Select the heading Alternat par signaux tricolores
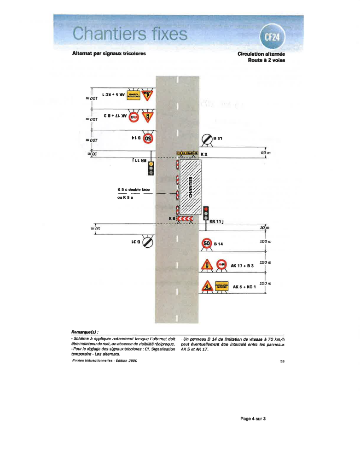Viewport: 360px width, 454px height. pos(109,53)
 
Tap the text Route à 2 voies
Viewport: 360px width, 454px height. pos(266,60)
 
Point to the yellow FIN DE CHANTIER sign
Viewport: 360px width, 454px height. pos(187,153)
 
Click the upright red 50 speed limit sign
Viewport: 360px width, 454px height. pos(207,244)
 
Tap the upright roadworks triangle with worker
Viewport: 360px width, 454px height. pos(207,286)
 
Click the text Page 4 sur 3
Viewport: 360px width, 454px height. pos(253,419)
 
